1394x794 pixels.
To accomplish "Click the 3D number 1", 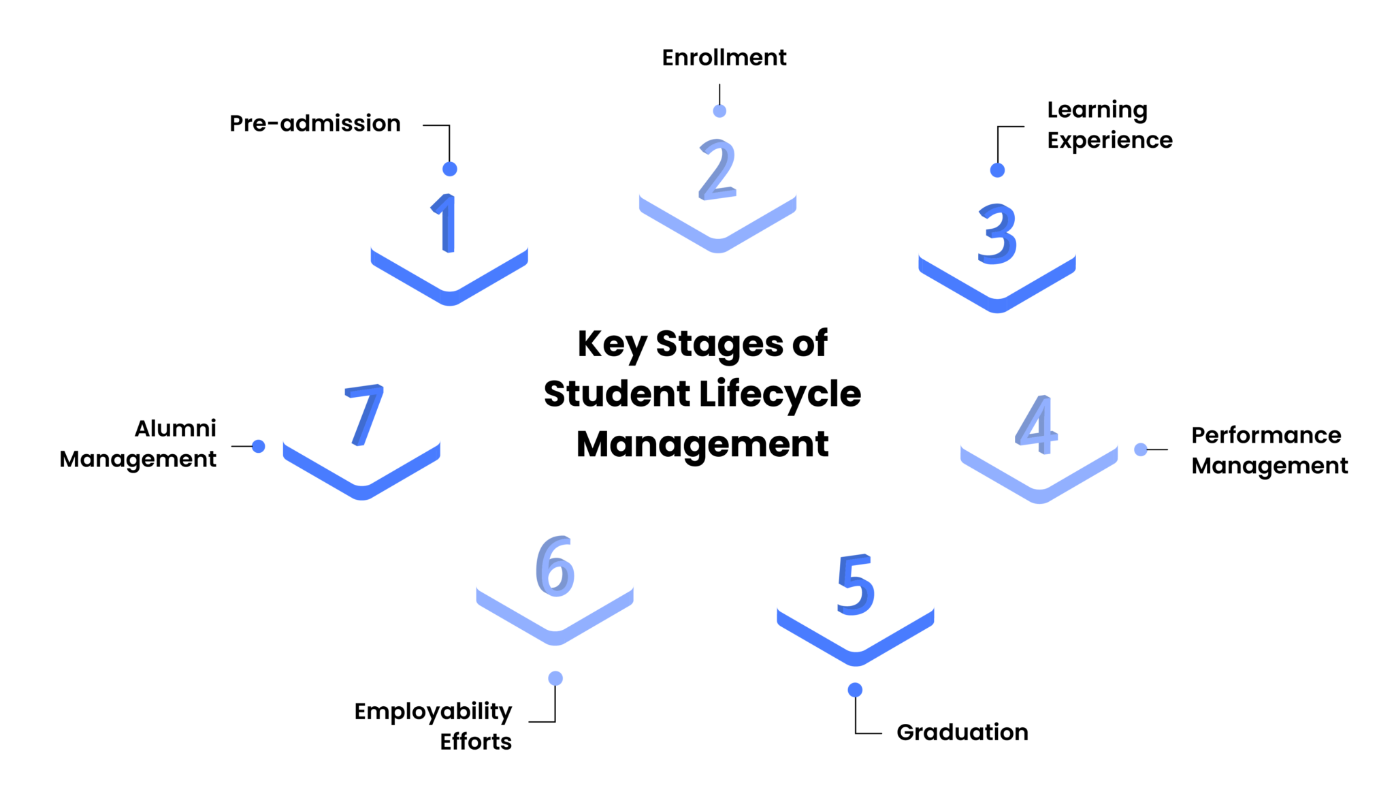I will pos(446,223).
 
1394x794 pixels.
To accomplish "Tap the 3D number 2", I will pos(717,170).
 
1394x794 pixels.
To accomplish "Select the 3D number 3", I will pos(997,234).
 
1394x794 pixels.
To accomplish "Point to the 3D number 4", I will pos(1037,425).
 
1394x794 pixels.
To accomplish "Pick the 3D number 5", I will pos(855,584).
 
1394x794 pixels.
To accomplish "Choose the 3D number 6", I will pos(555,566).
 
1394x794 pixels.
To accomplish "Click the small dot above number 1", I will pos(449,169).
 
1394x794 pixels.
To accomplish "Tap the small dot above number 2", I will pos(719,111).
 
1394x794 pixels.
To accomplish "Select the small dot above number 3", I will pos(997,170).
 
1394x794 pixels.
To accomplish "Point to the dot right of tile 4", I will pos(1141,449).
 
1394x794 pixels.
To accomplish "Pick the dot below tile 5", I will pos(855,690).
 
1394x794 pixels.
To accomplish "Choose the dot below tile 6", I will pos(555,678).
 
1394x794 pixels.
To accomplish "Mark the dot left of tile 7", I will pos(258,446).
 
